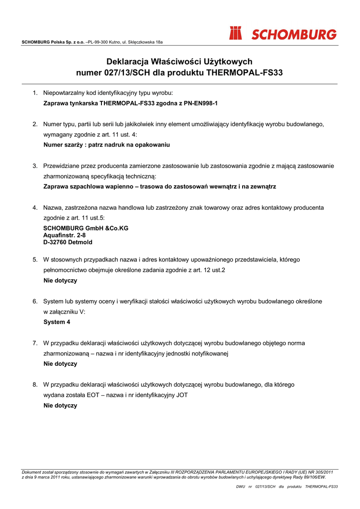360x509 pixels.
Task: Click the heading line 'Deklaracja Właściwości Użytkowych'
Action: pyautogui.click(x=180, y=62)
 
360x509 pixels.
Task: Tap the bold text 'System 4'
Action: pyautogui.click(x=57, y=322)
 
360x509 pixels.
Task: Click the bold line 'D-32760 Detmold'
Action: pyautogui.click(x=68, y=243)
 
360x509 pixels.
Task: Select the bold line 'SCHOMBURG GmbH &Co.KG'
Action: pyautogui.click(x=86, y=228)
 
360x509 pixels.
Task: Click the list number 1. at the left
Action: pyautogui.click(x=35, y=93)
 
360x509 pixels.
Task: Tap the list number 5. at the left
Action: pyautogui.click(x=35, y=259)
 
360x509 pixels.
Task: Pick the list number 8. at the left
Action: pyautogui.click(x=35, y=385)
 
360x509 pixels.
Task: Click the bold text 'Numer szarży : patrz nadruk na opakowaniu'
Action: pyautogui.click(x=106, y=145)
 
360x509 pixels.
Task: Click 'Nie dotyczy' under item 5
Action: pyautogui.click(x=60, y=280)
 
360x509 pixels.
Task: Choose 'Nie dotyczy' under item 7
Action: pyautogui.click(x=60, y=364)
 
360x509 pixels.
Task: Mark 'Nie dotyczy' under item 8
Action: pyautogui.click(x=60, y=406)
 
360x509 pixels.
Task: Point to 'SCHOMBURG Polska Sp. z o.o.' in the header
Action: pyautogui.click(x=53, y=42)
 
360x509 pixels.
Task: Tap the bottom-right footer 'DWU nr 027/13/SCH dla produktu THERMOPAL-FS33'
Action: pyautogui.click(x=287, y=487)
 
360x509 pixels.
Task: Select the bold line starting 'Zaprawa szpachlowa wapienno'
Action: pyautogui.click(x=159, y=186)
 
